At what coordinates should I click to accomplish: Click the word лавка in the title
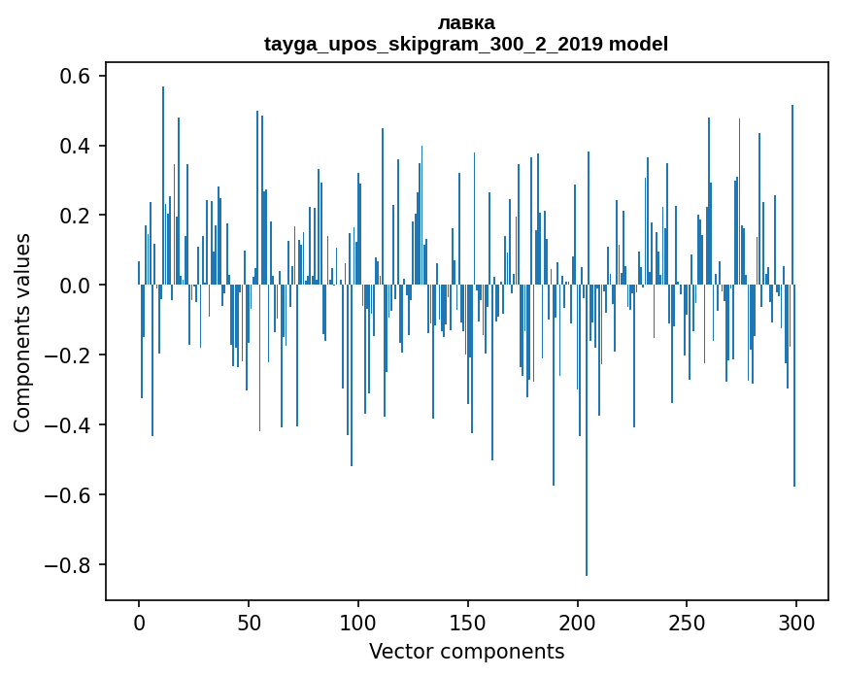point(466,22)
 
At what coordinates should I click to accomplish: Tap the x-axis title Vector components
point(466,651)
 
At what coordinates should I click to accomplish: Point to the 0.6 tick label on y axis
point(78,76)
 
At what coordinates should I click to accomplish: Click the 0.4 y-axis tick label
point(78,146)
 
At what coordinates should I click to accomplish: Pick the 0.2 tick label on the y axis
point(78,216)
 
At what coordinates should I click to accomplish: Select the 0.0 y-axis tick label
point(78,286)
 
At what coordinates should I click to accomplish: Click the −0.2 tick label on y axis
point(72,355)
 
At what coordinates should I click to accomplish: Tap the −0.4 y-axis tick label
point(72,425)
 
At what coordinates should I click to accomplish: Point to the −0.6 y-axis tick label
point(72,495)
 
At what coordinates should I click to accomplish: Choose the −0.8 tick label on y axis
point(72,565)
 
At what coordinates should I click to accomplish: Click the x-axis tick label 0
point(139,622)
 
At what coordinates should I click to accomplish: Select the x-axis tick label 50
point(249,622)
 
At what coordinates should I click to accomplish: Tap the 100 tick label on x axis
point(358,622)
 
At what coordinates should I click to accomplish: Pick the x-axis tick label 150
point(468,622)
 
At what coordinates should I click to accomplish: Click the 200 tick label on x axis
point(577,622)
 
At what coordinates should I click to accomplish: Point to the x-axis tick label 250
point(687,622)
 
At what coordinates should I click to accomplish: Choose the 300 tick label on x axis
point(796,622)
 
